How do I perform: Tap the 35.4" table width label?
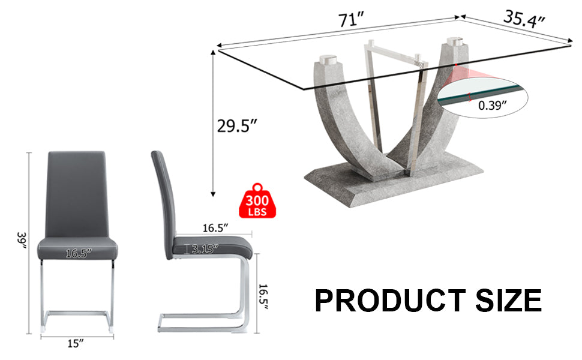(524, 19)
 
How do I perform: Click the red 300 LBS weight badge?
(257, 201)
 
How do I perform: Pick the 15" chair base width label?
(76, 343)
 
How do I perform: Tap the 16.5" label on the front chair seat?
(77, 254)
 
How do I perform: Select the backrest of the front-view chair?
(76, 192)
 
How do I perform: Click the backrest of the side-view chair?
(163, 192)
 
